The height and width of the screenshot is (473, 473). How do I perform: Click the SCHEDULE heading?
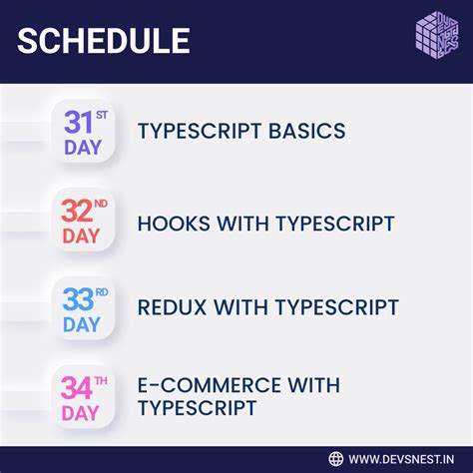click(x=104, y=41)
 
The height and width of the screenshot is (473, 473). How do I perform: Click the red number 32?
click(x=79, y=213)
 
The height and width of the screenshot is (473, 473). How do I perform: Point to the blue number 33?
click(x=79, y=299)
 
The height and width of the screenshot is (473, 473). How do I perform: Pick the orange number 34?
click(x=79, y=386)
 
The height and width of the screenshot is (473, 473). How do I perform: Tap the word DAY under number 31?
click(x=82, y=149)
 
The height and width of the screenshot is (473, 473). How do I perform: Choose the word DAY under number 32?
click(x=82, y=236)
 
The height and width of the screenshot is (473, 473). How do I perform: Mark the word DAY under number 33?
click(x=82, y=324)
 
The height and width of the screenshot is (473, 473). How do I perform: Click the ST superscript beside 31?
click(x=102, y=116)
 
